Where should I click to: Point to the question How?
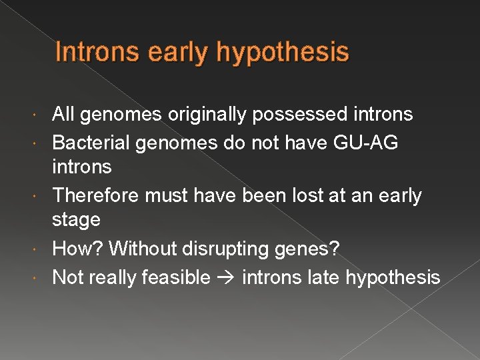click(x=77, y=249)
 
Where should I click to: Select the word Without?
click(x=143, y=249)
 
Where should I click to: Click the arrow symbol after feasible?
click(x=226, y=277)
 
